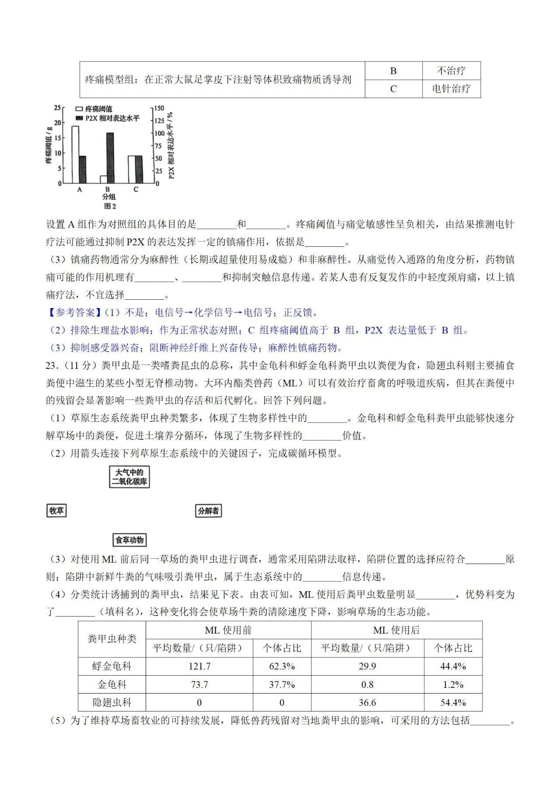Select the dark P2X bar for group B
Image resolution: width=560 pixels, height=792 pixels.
coord(110,158)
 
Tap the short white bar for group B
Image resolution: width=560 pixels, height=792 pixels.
coord(103,179)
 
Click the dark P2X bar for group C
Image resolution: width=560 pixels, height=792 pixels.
coord(138,169)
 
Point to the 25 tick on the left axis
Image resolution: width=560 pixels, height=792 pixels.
coord(58,108)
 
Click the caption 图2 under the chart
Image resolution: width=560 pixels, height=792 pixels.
coord(109,206)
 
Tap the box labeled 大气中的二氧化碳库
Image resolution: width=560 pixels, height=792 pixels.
coord(129,477)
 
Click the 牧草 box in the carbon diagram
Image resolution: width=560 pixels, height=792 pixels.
coord(56,511)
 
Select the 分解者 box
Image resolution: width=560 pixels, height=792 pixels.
coord(208,511)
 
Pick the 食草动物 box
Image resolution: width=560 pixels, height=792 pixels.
coord(129,540)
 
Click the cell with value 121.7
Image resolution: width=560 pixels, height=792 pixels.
coord(199,666)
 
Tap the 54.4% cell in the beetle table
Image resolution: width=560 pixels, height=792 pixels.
coord(453,703)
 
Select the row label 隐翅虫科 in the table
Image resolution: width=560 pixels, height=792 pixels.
coord(112,703)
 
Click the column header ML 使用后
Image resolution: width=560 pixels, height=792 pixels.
coord(396,630)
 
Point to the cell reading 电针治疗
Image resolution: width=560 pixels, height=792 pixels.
coord(451,89)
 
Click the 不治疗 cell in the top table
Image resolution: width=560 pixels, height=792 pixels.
coord(451,71)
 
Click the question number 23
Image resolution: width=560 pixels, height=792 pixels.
coord(52,365)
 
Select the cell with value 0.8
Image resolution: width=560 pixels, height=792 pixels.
coord(367,685)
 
